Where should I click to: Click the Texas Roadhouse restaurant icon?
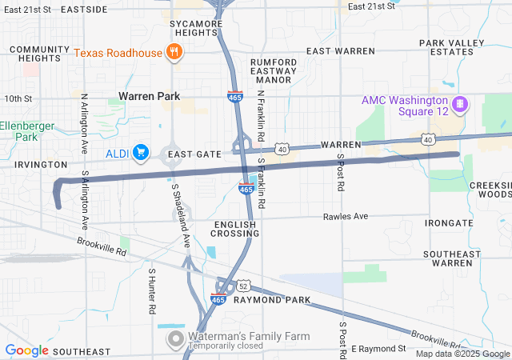[174, 53]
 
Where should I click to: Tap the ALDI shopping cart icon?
[141, 151]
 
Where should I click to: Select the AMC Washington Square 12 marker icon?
[460, 104]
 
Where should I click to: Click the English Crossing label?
[234, 228]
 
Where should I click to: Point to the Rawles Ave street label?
[346, 217]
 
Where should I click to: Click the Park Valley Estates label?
[453, 46]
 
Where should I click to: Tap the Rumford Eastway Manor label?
[274, 70]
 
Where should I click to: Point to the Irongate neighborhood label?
[450, 222]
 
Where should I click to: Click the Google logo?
[27, 350]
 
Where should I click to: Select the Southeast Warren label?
[451, 258]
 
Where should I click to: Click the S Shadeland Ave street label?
[180, 214]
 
